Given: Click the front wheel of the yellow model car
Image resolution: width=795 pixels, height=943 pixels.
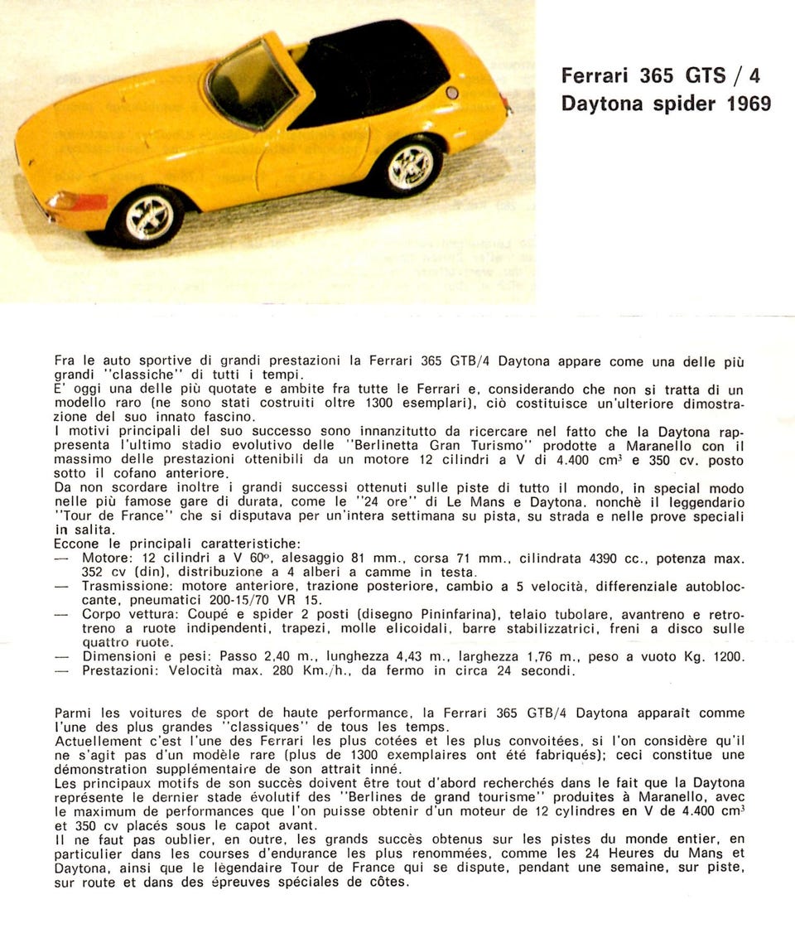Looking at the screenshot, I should pos(150,216).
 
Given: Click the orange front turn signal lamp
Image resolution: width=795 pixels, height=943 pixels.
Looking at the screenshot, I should pos(78,201).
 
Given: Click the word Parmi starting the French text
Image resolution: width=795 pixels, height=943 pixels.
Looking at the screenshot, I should pos(75,713).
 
